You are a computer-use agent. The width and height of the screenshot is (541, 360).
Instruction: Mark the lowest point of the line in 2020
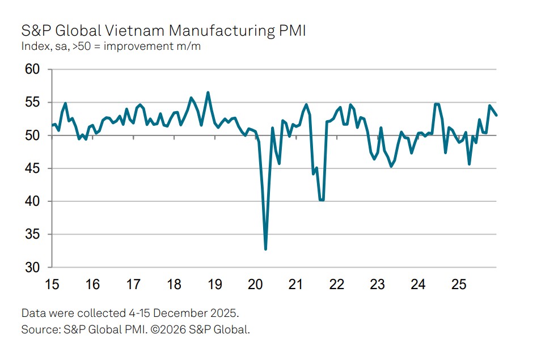coord(265,249)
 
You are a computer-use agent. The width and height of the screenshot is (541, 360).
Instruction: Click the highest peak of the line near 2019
coord(208,92)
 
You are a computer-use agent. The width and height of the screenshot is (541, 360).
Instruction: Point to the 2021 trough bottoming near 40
coord(322,200)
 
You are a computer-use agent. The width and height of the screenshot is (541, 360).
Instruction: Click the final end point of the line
coord(497,115)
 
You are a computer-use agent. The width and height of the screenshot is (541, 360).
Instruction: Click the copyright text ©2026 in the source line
coord(166,329)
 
